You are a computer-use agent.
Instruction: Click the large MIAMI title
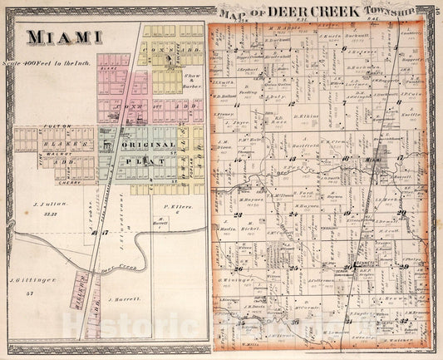[65, 37]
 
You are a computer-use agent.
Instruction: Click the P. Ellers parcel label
[172, 206]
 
